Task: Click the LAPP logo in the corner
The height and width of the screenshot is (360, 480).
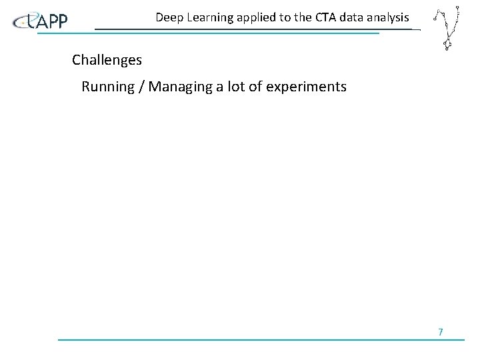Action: pos(41,21)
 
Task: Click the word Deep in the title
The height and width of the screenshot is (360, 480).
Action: pos(169,17)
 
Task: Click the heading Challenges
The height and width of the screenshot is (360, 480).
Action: pos(107,60)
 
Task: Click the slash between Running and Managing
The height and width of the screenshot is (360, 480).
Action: pos(140,87)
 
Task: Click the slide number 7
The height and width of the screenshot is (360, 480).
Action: pos(440,331)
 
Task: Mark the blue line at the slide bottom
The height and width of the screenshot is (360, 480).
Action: pos(260,340)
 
